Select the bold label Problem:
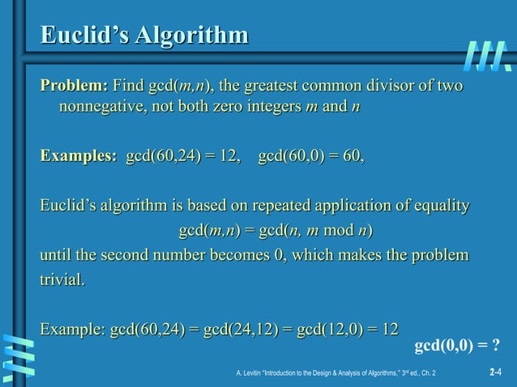click(x=74, y=86)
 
